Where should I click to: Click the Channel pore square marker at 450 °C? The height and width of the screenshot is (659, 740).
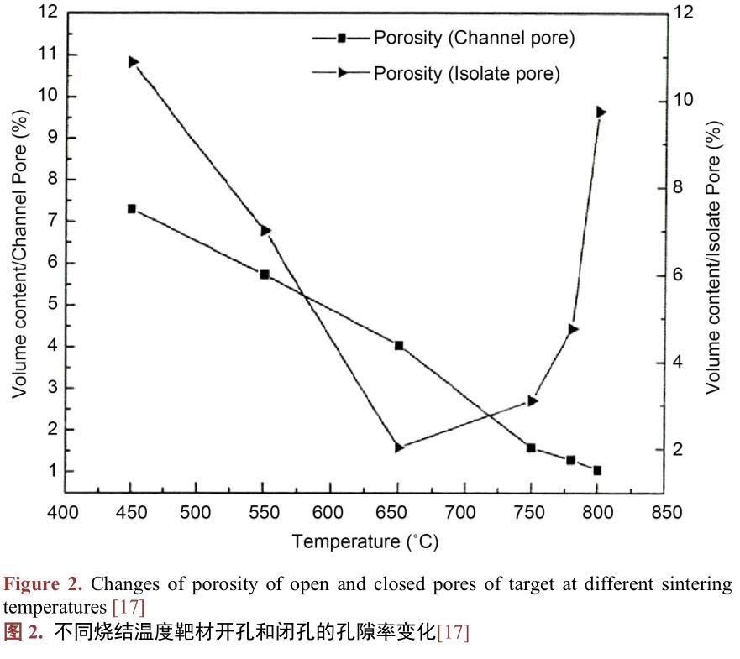point(132,209)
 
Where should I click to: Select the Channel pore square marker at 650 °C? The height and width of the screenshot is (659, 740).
point(399,345)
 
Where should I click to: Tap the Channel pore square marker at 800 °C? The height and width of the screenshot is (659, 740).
point(597,471)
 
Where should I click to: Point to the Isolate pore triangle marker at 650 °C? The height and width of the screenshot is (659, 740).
point(399,448)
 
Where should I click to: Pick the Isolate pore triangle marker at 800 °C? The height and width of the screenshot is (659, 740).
point(601,112)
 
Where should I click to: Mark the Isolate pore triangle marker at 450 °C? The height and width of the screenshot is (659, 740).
point(133,62)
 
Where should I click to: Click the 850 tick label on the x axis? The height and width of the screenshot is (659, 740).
point(665,512)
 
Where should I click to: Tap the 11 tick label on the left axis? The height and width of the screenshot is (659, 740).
point(47,55)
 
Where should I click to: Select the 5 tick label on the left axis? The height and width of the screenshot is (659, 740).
point(52,305)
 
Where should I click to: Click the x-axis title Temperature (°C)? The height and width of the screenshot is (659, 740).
point(365,541)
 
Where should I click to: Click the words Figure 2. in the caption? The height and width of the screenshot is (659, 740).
point(44,584)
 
